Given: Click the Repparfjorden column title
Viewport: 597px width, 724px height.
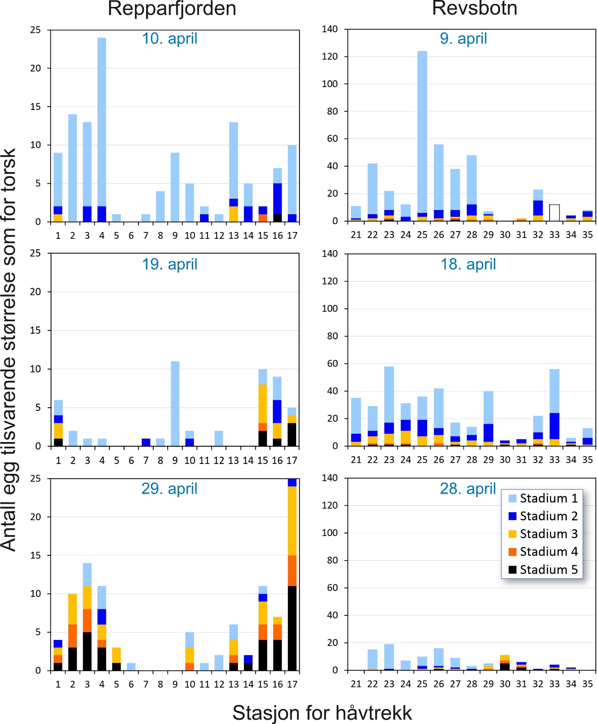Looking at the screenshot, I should [172, 9].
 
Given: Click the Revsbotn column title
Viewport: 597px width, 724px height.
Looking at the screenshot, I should [474, 9].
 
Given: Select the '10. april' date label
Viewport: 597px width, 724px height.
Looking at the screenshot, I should [169, 39].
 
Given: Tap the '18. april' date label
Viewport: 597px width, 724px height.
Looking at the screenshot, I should [468, 264].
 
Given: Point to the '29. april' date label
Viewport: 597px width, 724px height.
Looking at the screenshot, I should [169, 489].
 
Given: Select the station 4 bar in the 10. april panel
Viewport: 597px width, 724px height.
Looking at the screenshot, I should [102, 129].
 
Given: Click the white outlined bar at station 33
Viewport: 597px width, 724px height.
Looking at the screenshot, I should [554, 213].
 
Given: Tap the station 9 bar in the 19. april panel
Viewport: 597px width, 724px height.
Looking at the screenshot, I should [175, 404].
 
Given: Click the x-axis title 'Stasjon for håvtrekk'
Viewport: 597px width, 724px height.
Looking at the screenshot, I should [322, 713].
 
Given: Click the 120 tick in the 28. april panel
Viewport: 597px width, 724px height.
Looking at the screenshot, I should [330, 505].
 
